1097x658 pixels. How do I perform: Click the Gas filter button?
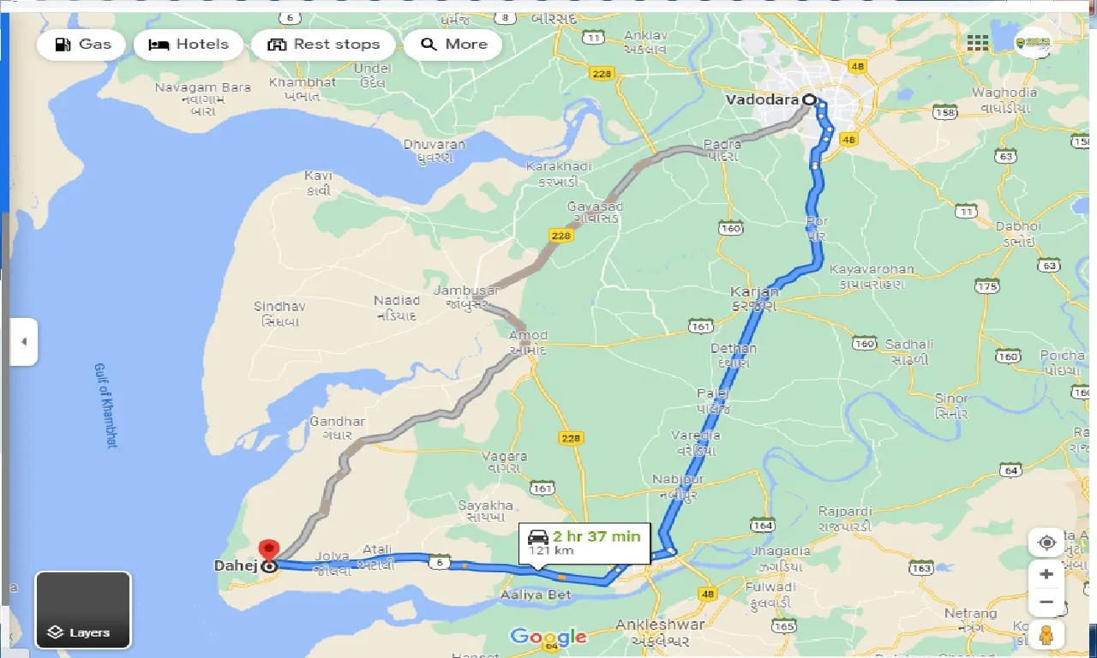pyautogui.click(x=81, y=45)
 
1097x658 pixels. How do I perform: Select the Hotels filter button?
pyautogui.click(x=189, y=45)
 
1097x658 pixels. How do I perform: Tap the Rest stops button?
pyautogui.click(x=323, y=45)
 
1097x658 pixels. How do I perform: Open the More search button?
pyautogui.click(x=453, y=45)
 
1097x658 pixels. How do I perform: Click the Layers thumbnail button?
pyautogui.click(x=83, y=610)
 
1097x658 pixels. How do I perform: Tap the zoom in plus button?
pyautogui.click(x=1046, y=574)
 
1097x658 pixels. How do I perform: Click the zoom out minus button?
pyautogui.click(x=1046, y=602)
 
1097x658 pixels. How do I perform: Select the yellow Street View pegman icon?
pyautogui.click(x=1046, y=635)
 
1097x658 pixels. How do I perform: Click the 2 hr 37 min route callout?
pyautogui.click(x=584, y=541)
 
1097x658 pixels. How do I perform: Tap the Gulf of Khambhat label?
pyautogui.click(x=105, y=404)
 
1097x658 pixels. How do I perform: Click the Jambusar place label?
pyautogui.click(x=465, y=290)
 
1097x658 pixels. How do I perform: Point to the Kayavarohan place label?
pyautogui.click(x=872, y=269)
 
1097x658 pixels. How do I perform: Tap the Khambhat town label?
pyautogui.click(x=303, y=82)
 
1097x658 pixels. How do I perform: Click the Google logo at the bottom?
pyautogui.click(x=548, y=637)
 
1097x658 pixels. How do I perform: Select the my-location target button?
pyautogui.click(x=1046, y=542)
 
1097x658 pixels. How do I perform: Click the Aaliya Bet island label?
pyautogui.click(x=536, y=595)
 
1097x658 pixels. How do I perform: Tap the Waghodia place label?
pyautogui.click(x=1004, y=93)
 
